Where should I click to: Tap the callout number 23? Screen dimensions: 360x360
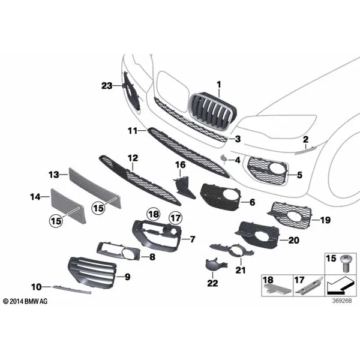point(107,86)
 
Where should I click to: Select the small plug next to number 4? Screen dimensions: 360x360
point(224,158)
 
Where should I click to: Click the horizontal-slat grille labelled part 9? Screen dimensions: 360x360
point(92,272)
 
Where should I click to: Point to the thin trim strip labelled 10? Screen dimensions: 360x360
point(71,289)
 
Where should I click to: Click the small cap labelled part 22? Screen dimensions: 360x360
point(215,264)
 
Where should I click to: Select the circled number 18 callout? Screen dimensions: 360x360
point(154,214)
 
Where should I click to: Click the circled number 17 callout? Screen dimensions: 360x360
point(175,217)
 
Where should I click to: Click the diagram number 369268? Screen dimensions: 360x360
point(342,301)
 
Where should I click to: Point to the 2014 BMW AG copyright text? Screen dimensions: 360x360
point(25,301)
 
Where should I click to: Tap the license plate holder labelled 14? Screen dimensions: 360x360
point(69,206)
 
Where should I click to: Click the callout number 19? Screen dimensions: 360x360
point(325,220)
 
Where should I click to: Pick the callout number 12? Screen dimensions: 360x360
point(133,158)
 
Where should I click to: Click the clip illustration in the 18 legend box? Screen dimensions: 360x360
point(278,289)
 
